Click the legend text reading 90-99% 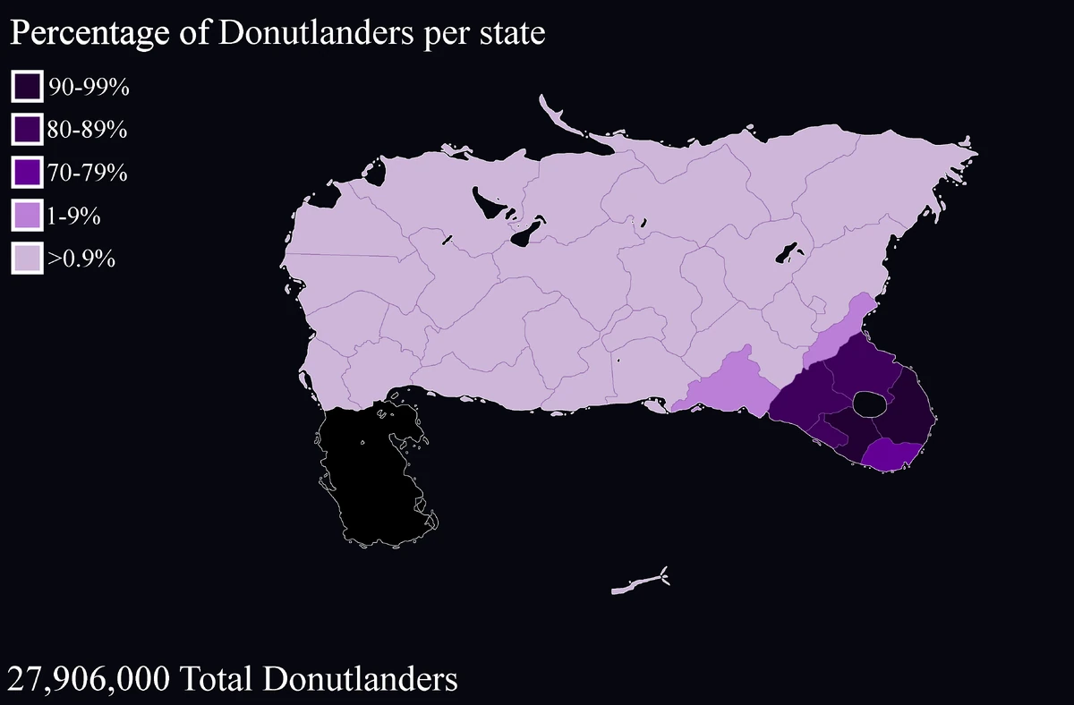(89, 87)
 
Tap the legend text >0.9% (82, 259)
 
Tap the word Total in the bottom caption (214, 679)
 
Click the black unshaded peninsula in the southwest (371, 474)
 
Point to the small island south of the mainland (635, 585)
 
